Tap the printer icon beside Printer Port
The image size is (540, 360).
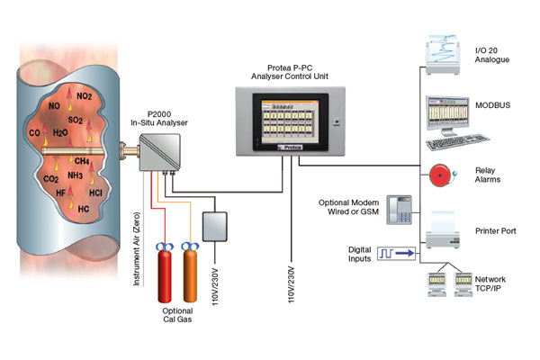pos(442,232)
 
